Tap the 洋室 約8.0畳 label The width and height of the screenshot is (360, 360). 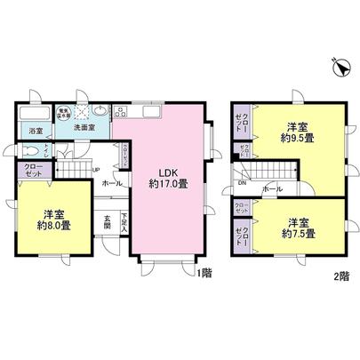point(53,219)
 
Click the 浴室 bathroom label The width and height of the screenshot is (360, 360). point(35,133)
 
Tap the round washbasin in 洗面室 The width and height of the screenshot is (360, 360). point(100,112)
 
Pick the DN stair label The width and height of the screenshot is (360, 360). point(242,185)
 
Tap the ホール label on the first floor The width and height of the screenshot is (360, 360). point(112,183)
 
